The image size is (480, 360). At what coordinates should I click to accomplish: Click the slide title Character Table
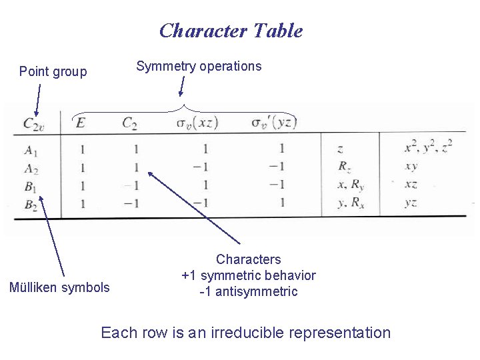click(x=231, y=31)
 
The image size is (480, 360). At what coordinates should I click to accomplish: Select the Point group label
click(x=53, y=71)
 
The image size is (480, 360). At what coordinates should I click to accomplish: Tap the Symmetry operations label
click(x=199, y=66)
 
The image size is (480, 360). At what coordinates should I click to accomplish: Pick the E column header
click(x=81, y=123)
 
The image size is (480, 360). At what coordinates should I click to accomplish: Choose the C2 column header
click(x=129, y=123)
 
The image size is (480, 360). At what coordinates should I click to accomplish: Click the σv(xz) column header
click(x=197, y=123)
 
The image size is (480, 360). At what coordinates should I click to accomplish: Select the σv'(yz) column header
click(x=273, y=123)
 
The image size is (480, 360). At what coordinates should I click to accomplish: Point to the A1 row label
click(x=31, y=149)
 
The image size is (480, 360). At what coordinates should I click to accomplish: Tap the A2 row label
click(x=31, y=167)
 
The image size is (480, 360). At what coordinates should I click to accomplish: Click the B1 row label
click(x=31, y=185)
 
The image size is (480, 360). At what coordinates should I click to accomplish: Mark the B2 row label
click(x=31, y=203)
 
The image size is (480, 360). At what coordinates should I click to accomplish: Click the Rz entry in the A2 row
click(x=343, y=167)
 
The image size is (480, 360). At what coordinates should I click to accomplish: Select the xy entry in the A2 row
click(x=411, y=167)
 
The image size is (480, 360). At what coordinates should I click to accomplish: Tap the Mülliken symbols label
click(x=59, y=288)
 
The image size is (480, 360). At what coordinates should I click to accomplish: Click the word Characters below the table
click(x=249, y=259)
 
